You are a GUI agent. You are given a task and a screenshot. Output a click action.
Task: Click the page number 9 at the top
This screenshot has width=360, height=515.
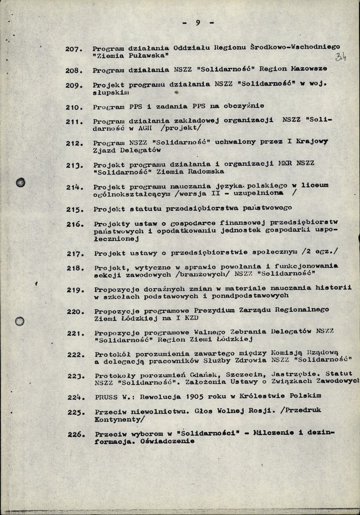click(x=198, y=23)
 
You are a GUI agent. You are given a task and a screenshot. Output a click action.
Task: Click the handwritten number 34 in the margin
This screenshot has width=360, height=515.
click(x=341, y=57)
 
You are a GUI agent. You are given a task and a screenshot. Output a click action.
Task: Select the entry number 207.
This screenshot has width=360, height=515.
click(x=73, y=49)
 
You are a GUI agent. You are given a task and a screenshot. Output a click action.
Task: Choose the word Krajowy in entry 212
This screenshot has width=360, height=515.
click(x=310, y=141)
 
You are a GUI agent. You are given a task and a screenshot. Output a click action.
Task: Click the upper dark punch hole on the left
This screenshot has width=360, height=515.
click(x=21, y=183)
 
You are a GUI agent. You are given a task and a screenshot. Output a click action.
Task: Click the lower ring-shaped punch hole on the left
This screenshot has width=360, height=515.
click(x=20, y=321)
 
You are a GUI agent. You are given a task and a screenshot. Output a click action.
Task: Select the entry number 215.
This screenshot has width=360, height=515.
click(x=75, y=209)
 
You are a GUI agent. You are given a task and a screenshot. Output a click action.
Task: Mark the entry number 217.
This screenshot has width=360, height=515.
click(x=75, y=253)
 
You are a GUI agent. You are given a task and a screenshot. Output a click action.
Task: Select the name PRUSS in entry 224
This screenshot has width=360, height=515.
click(x=106, y=396)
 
